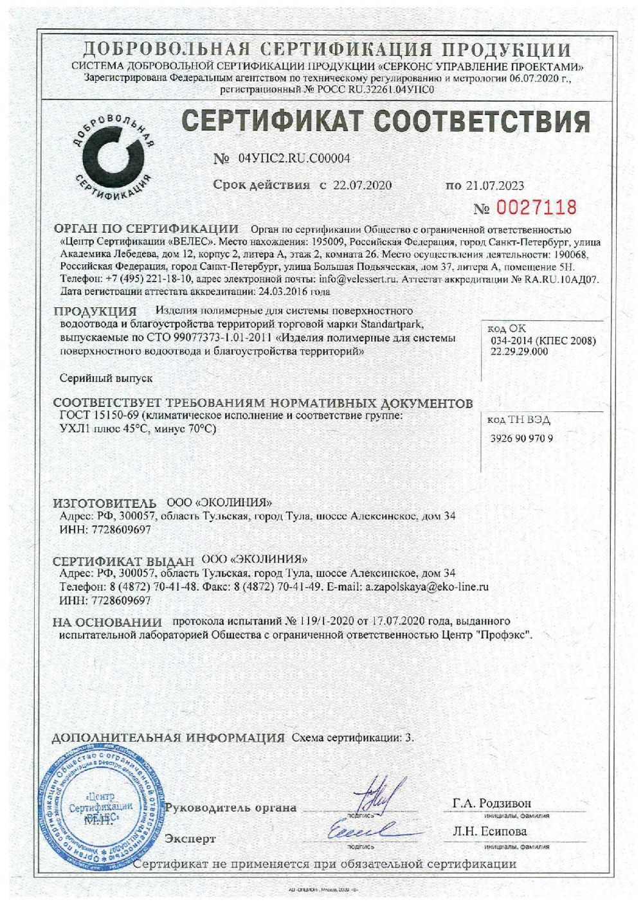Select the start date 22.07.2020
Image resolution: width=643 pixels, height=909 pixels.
tap(362, 185)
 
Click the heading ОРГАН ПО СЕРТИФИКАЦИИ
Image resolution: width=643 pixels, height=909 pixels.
tap(146, 229)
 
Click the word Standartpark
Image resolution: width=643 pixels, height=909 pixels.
tap(393, 323)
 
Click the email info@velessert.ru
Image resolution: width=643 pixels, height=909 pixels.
tap(349, 280)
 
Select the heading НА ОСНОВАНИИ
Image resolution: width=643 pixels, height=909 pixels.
tap(107, 622)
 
